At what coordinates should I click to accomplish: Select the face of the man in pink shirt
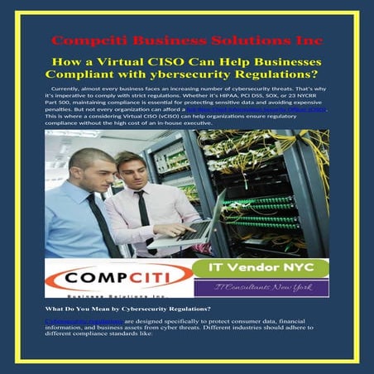(x=132, y=170)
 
